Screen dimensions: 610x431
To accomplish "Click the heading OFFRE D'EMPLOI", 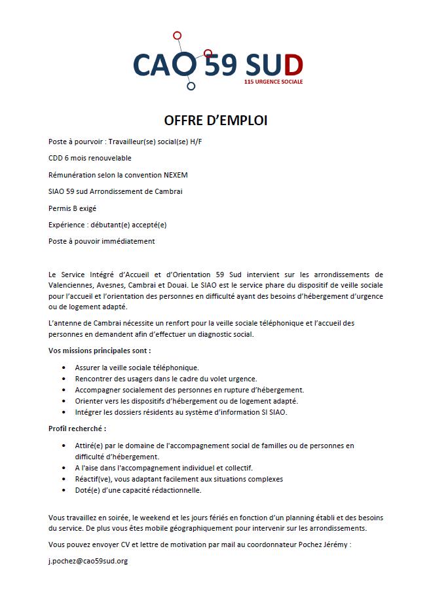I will coord(216,121).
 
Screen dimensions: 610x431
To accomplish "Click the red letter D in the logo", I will coord(293,64).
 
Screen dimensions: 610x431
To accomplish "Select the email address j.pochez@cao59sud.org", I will coord(88,561).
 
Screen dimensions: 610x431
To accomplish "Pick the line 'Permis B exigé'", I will coord(72,208).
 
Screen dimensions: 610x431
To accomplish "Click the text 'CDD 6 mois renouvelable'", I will coord(90,158).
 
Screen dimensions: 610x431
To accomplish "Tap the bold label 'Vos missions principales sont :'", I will coord(100,351).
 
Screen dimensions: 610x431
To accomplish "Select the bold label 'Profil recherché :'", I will coord(77,429).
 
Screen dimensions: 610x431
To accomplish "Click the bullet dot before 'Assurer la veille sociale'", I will coord(64,368).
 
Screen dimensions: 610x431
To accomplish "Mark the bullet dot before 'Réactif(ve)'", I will coord(64,479).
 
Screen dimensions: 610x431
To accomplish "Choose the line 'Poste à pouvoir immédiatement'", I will coord(102,241).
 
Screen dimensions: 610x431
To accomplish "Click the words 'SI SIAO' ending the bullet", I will coord(274,412).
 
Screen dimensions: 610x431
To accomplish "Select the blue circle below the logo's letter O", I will coord(191,85).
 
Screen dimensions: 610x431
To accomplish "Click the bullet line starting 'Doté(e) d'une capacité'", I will coord(138,490).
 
